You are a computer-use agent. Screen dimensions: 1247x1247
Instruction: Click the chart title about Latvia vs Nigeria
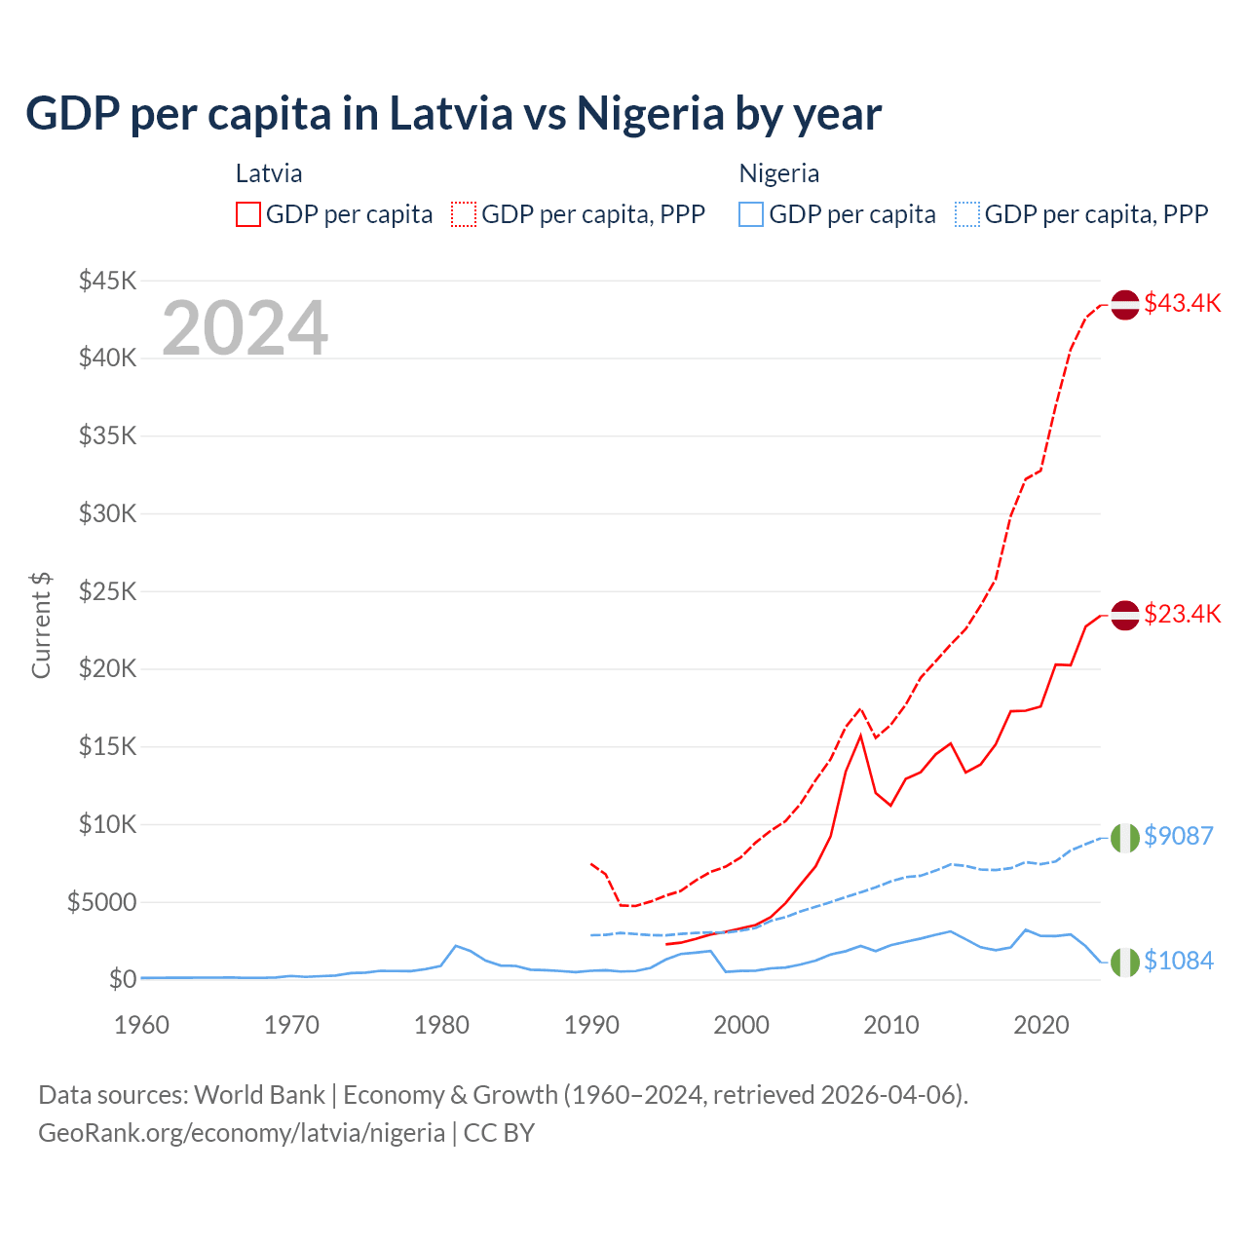(453, 114)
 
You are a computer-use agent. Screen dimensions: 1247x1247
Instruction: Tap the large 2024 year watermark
(245, 328)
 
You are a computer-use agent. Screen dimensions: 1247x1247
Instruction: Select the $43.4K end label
(1182, 303)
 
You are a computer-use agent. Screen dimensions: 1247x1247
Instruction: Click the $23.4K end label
(1182, 614)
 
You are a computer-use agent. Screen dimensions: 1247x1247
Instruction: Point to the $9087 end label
(1178, 836)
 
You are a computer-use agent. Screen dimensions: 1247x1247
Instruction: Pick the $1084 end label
(1178, 961)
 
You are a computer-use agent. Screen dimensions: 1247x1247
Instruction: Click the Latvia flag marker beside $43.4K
(1125, 304)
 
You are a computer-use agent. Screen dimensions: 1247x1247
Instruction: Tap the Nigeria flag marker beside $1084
(1125, 962)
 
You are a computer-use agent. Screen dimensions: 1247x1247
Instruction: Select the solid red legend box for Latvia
(248, 214)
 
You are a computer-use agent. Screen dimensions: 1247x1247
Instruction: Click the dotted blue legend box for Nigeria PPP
(967, 214)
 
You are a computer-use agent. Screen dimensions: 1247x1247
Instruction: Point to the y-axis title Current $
(41, 625)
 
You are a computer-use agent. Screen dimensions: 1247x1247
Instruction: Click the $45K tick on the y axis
(107, 281)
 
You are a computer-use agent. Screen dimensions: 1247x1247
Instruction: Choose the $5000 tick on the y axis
(101, 902)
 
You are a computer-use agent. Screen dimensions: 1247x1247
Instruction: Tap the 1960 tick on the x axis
(142, 1025)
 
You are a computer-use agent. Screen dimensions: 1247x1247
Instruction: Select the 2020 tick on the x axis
(1041, 1025)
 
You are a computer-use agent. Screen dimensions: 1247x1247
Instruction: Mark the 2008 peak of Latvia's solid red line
(860, 736)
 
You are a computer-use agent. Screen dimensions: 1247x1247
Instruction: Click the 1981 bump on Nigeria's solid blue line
(456, 946)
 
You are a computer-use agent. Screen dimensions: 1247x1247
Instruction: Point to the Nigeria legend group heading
(778, 173)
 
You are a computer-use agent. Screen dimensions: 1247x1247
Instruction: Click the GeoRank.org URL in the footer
(242, 1133)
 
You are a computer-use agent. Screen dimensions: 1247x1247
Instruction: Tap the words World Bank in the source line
(259, 1095)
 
